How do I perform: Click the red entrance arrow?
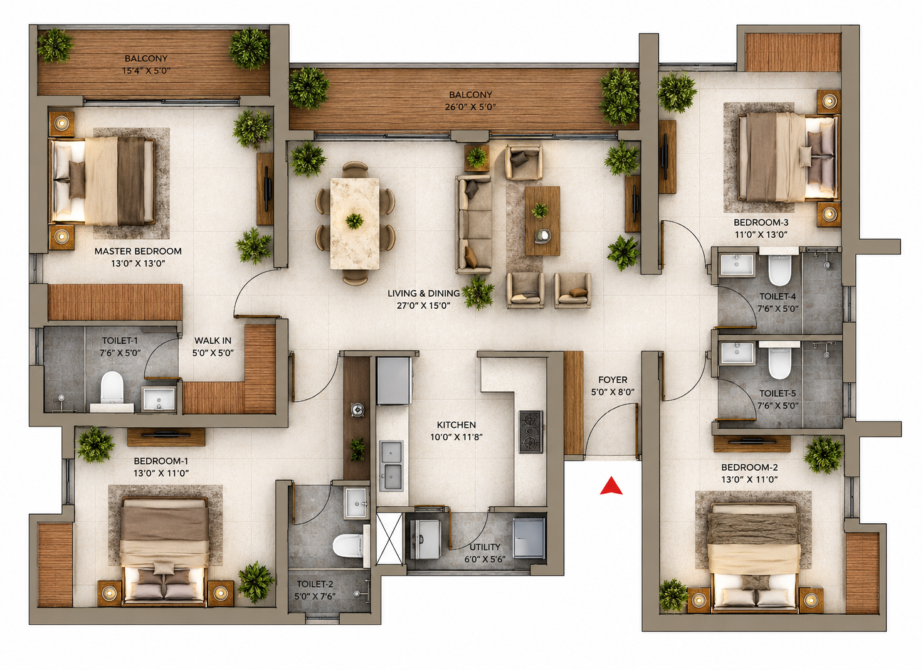(611, 486)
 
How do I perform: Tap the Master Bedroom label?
(138, 251)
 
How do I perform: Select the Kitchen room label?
(456, 425)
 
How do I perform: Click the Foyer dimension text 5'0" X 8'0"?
(613, 392)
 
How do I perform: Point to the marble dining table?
(355, 223)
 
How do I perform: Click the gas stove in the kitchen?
(530, 432)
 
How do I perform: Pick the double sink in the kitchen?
(391, 466)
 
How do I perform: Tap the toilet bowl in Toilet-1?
(112, 387)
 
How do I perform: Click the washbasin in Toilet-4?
(737, 264)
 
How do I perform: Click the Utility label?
(485, 547)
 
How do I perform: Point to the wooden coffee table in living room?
(542, 221)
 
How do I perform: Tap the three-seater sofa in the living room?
(473, 225)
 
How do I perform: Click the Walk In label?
(213, 341)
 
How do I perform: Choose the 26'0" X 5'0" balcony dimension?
(470, 107)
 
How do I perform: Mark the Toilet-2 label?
(315, 584)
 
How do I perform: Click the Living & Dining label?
(424, 293)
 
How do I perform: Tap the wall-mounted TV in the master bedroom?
(267, 189)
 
